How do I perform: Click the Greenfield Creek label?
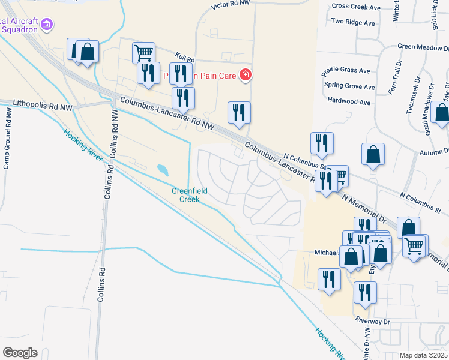coord(190,195)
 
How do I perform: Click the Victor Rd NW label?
coord(231,5)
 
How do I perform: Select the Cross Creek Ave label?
coord(356,7)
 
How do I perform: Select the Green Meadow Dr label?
coord(423,46)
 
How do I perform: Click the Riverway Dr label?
coord(372,321)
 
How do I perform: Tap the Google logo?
coord(20,352)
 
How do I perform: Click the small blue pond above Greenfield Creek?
coord(162,170)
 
